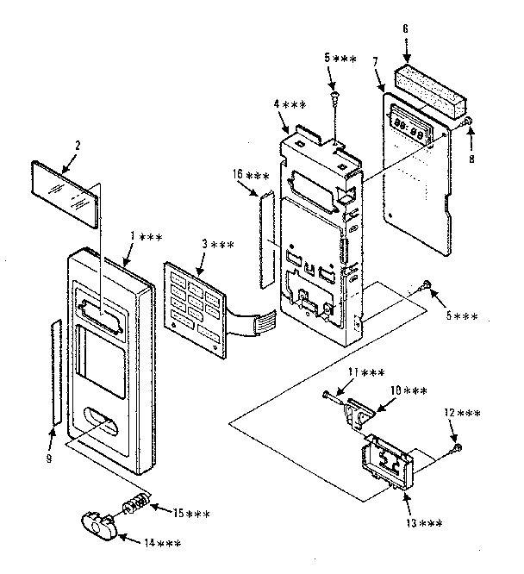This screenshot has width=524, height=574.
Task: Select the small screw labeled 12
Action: (x=456, y=447)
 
